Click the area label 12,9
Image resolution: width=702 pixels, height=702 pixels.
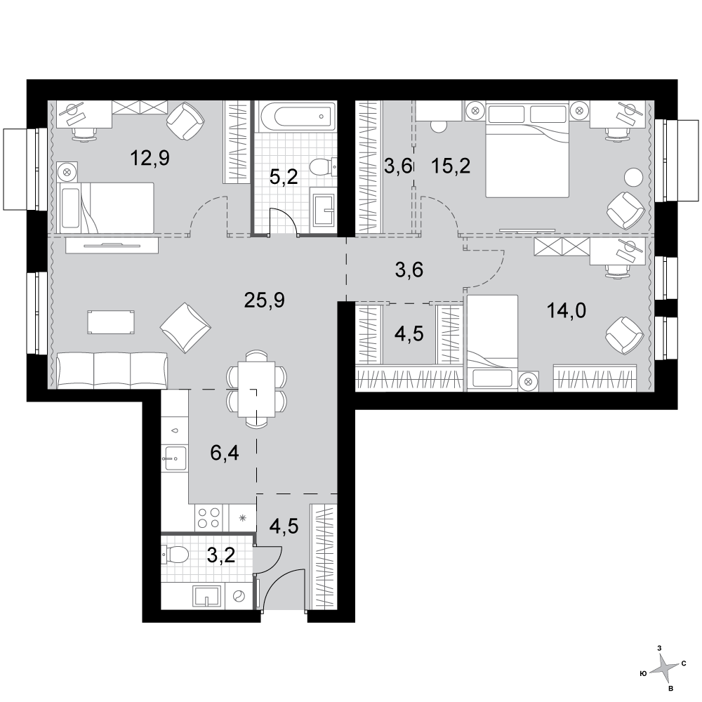coord(150,158)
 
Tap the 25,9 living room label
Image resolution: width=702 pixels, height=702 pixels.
coord(264,300)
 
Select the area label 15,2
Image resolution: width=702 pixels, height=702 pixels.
coord(451,166)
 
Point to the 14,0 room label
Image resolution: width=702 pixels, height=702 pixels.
coord(567,310)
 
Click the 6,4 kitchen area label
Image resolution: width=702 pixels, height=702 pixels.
coord(225,453)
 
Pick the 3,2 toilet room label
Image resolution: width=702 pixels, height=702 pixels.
coord(221,555)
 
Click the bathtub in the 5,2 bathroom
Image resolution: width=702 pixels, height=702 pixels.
coord(298,117)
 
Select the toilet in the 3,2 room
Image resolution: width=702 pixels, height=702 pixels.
coord(175,556)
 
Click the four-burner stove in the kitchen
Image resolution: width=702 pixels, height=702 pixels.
coord(209,517)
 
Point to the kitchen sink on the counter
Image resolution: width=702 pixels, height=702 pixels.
coord(175,458)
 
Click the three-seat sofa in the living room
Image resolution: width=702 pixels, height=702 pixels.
coord(112,370)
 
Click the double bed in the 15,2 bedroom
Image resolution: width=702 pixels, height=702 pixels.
coord(527,150)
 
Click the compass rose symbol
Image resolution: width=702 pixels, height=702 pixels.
coord(664,669)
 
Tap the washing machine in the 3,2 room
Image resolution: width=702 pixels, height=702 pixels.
coord(239,596)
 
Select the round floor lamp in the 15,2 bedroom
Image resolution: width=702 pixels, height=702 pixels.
coord(633,176)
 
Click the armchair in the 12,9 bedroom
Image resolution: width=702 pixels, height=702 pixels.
coord(185,121)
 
